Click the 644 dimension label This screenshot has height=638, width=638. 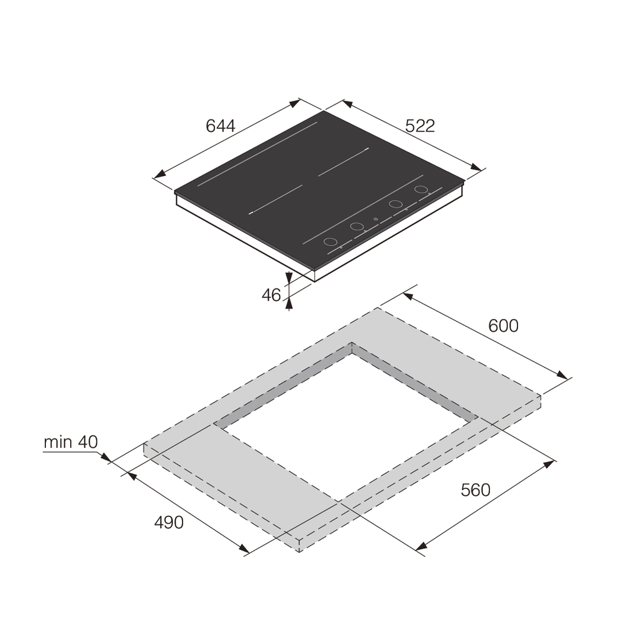[221, 126]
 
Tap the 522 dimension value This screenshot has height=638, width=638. [420, 126]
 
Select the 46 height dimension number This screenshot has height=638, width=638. [271, 295]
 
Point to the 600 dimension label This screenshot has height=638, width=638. [503, 326]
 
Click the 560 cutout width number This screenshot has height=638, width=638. [475, 490]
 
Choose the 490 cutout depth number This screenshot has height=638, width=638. [169, 523]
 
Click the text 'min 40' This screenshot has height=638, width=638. [71, 442]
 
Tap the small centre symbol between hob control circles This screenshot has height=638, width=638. [375, 219]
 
